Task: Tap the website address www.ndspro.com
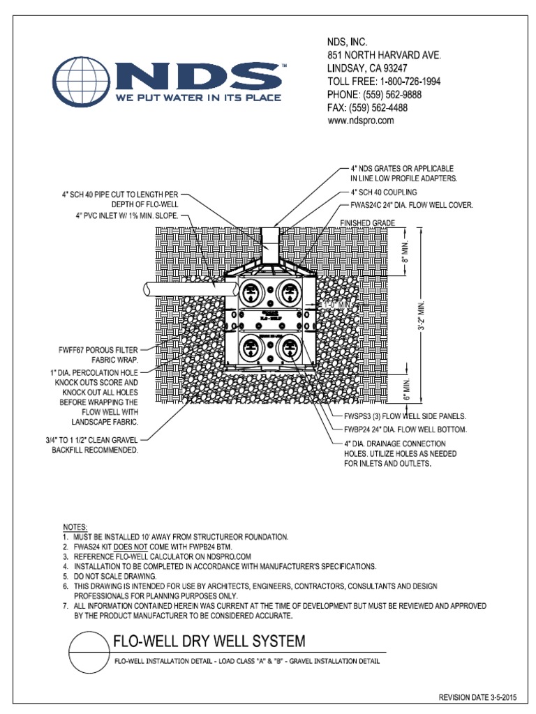tap(361, 120)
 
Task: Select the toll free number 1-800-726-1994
tap(384, 82)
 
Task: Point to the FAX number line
tap(367, 107)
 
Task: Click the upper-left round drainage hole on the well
tap(252, 291)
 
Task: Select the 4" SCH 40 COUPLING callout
tap(383, 192)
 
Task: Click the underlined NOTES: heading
tap(76, 527)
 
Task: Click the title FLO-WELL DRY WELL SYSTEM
tap(209, 641)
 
